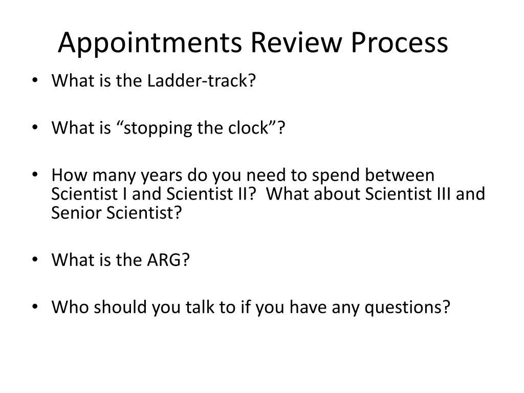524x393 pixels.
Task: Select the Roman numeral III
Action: [x=438, y=194]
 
